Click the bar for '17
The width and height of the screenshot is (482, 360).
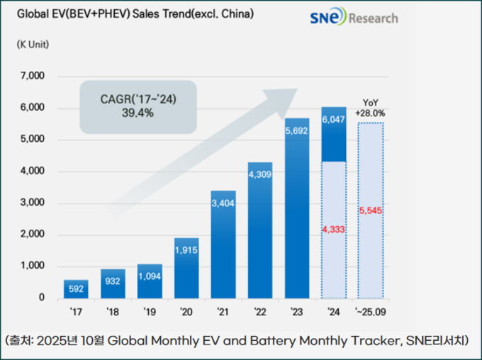pyautogui.click(x=76, y=289)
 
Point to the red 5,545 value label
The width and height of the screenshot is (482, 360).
pyautogui.click(x=371, y=211)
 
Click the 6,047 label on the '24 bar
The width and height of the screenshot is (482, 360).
pyautogui.click(x=334, y=120)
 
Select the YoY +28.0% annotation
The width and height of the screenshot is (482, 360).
pyautogui.click(x=371, y=108)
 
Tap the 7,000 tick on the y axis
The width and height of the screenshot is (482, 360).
pyautogui.click(x=33, y=77)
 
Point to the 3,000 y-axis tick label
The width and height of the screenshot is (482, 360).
pyautogui.click(x=33, y=203)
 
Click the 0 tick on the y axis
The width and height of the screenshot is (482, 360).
pyautogui.click(x=42, y=298)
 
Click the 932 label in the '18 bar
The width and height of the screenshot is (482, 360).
pyautogui.click(x=113, y=282)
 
